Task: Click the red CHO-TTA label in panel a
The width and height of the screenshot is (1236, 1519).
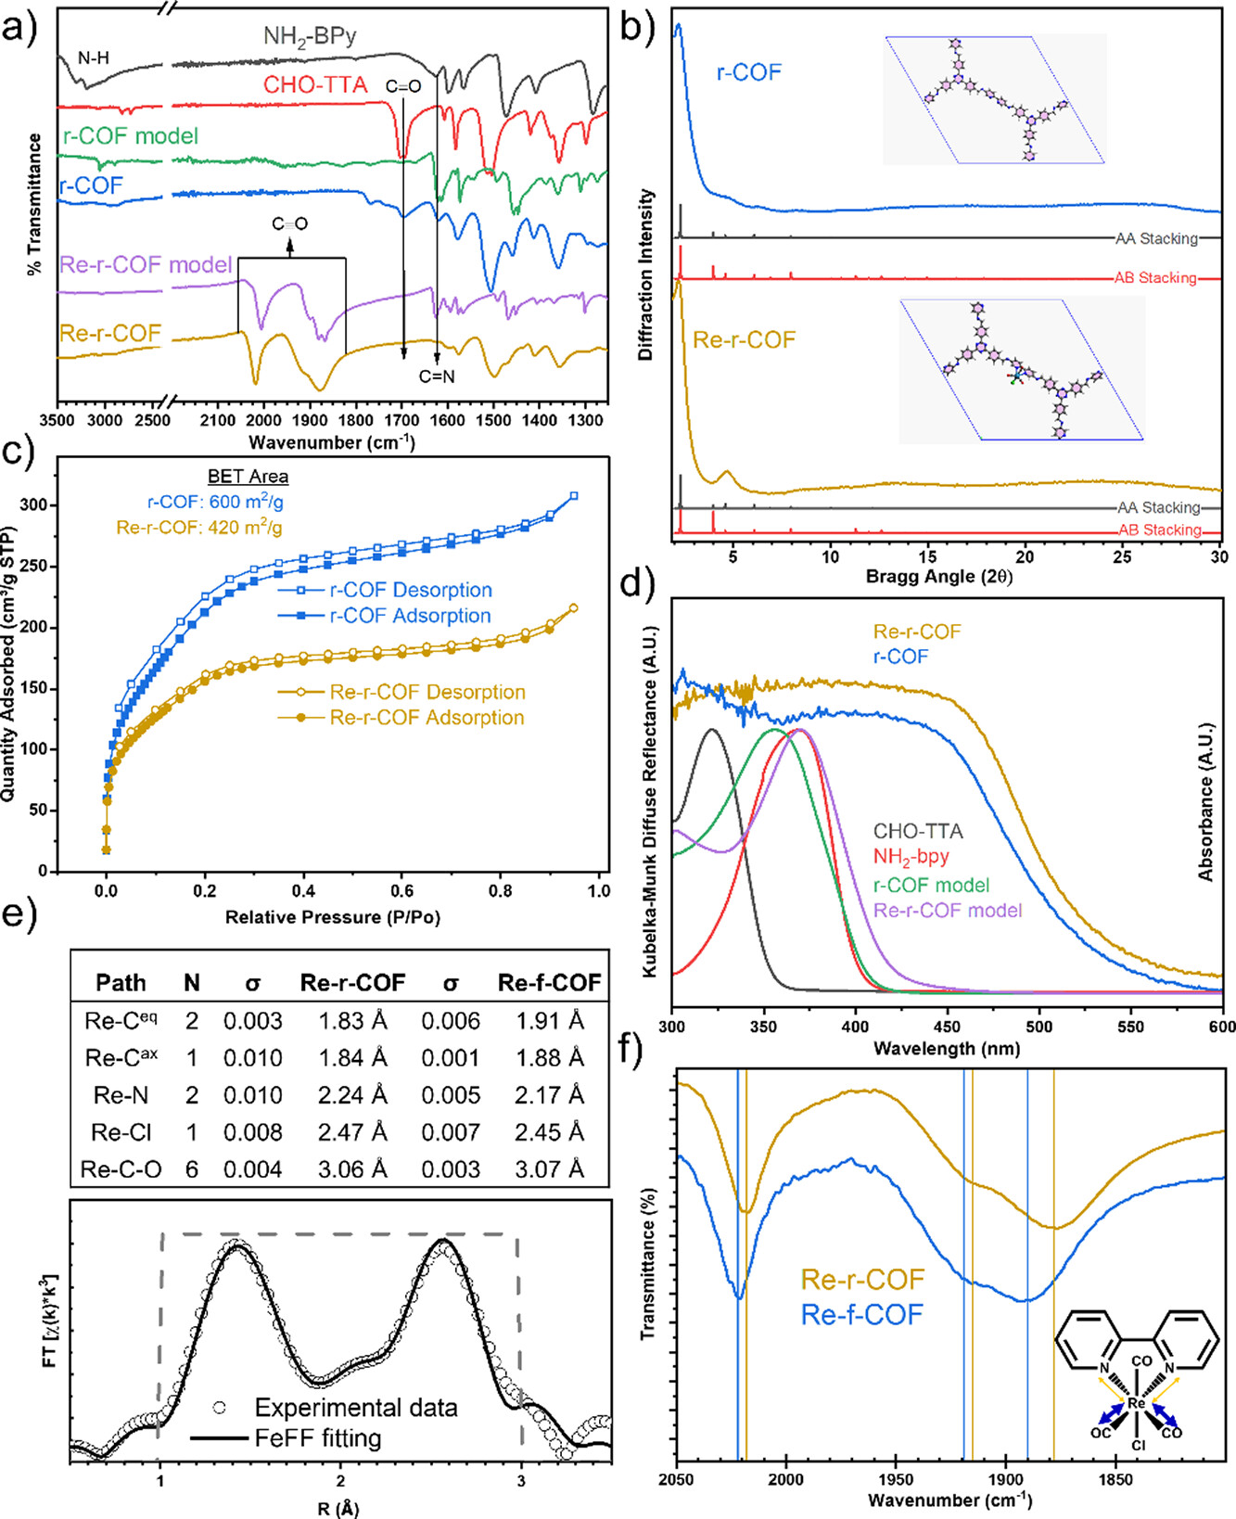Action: point(315,85)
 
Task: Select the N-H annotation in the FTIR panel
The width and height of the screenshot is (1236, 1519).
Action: point(93,58)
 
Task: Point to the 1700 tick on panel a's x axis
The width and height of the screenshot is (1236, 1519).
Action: point(402,421)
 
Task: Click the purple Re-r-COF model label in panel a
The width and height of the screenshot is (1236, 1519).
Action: point(146,265)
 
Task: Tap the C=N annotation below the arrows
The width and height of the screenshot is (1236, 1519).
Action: point(437,377)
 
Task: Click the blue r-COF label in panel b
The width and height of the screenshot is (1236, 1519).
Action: point(749,72)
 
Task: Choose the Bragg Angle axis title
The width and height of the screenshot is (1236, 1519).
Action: point(938,577)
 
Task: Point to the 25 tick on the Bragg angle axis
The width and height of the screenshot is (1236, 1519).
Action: point(1123,556)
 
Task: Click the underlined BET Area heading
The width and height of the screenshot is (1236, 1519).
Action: point(248,477)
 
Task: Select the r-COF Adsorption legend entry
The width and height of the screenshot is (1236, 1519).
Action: point(410,616)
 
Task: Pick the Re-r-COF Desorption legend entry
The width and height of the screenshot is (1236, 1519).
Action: point(427,692)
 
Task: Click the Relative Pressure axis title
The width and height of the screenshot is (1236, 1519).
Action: point(332,917)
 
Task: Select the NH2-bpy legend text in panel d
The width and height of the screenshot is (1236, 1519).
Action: point(911,857)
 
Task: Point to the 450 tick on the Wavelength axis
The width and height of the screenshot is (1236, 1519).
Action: point(947,1027)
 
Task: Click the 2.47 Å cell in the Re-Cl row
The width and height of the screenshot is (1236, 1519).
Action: point(352,1132)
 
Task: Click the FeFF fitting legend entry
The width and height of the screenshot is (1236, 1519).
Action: point(318,1438)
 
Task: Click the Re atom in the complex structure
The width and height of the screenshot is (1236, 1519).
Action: point(1137,1403)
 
